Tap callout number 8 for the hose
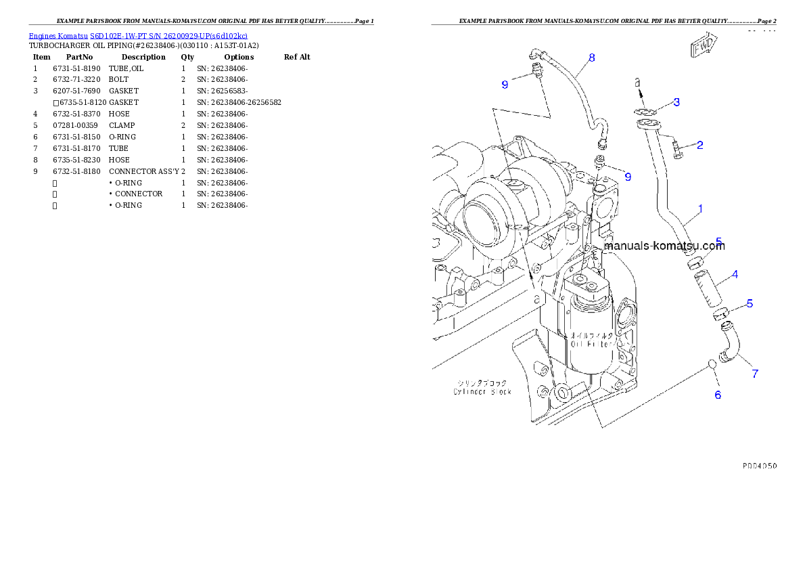pyautogui.click(x=592, y=58)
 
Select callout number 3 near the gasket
pyautogui.click(x=676, y=102)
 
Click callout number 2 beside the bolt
pyautogui.click(x=700, y=145)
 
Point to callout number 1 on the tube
pyautogui.click(x=700, y=209)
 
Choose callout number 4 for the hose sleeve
pyautogui.click(x=734, y=274)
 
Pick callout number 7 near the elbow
pyautogui.click(x=755, y=373)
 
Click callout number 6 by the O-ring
pyautogui.click(x=718, y=395)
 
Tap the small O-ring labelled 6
pyautogui.click(x=712, y=365)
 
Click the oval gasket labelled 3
pyautogui.click(x=647, y=112)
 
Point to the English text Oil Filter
pyautogui.click(x=591, y=344)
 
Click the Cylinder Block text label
pyautogui.click(x=482, y=391)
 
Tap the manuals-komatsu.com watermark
pyautogui.click(x=664, y=246)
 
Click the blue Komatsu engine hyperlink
pyautogui.click(x=138, y=35)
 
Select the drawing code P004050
pyautogui.click(x=759, y=466)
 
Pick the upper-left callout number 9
pyautogui.click(x=505, y=85)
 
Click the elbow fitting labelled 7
pyautogui.click(x=729, y=343)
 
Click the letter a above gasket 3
pyautogui.click(x=637, y=82)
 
